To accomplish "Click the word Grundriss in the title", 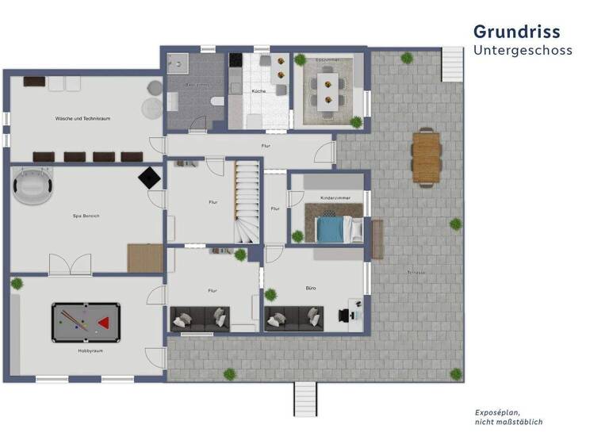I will [x=516, y=32].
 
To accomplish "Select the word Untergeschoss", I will [x=523, y=51].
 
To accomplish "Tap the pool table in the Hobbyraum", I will [x=86, y=321].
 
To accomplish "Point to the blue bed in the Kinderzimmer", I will [x=330, y=229].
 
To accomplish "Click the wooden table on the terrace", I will [x=426, y=156].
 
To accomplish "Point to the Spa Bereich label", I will [x=85, y=216].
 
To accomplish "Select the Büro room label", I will [x=310, y=288].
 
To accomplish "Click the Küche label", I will [x=259, y=92].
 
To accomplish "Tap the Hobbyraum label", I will [x=89, y=350].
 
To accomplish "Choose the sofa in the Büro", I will [x=294, y=319].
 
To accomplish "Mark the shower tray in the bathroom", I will [x=177, y=63].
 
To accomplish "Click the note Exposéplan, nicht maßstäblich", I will [x=508, y=417].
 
